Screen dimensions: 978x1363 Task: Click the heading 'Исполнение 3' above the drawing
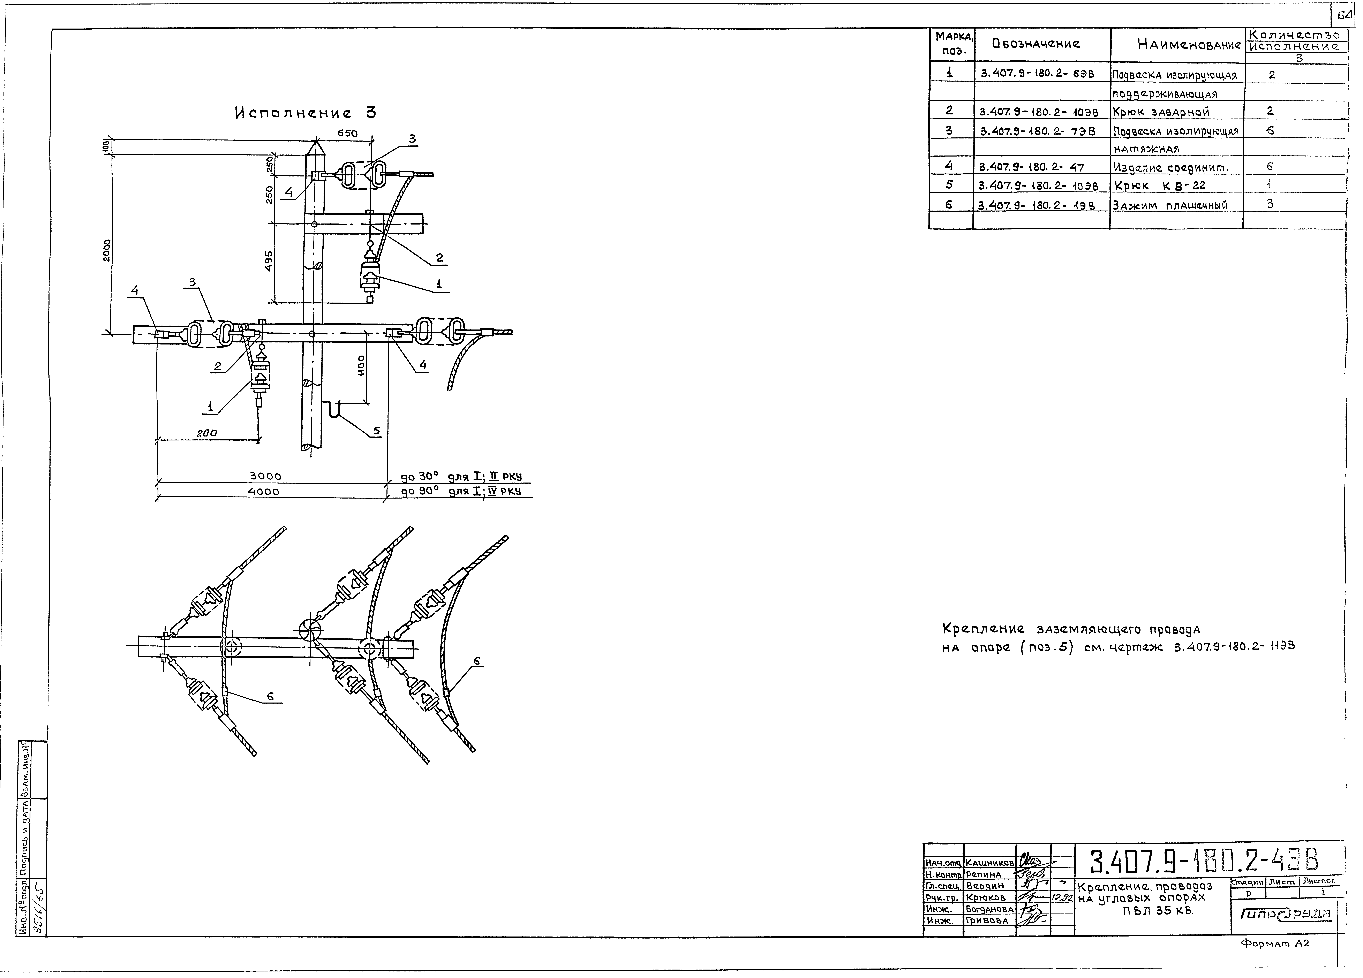[305, 113]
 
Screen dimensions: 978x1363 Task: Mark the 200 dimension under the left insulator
[207, 433]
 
